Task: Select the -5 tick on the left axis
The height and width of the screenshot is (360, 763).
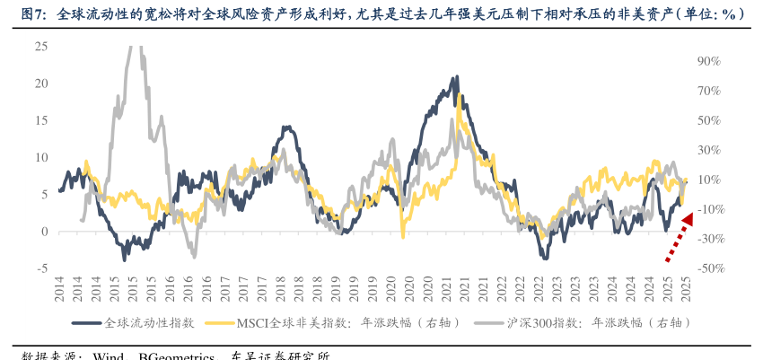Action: click(x=41, y=268)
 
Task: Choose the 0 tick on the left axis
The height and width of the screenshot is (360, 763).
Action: click(x=44, y=231)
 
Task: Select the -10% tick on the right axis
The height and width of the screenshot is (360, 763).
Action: click(x=707, y=209)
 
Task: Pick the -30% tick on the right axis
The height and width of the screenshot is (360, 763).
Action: click(x=707, y=238)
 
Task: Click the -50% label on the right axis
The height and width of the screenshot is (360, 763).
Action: click(x=707, y=268)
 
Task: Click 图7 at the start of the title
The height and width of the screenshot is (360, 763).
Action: click(x=33, y=13)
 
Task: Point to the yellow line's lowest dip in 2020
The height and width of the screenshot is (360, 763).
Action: click(x=403, y=235)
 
